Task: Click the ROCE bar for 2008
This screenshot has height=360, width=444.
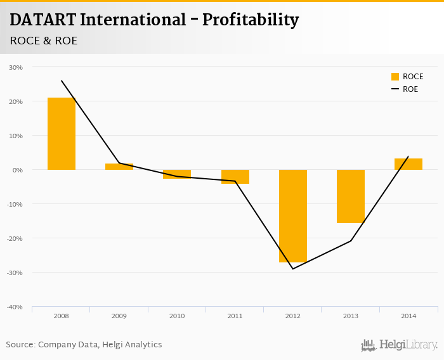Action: (x=62, y=134)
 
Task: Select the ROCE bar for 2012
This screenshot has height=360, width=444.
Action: (x=293, y=215)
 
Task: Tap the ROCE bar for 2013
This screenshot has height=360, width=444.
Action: (x=351, y=196)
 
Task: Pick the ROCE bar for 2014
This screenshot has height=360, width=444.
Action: (x=408, y=164)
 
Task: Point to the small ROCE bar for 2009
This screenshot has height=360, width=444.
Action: (x=119, y=167)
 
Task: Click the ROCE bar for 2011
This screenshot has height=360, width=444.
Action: (x=235, y=177)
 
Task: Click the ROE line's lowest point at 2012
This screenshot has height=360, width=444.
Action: (x=293, y=269)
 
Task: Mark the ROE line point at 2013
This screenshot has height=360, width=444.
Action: (x=351, y=241)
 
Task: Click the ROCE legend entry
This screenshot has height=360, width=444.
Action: (x=407, y=77)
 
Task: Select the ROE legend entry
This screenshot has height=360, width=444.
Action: (x=404, y=89)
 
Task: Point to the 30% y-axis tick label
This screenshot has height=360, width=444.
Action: (x=16, y=67)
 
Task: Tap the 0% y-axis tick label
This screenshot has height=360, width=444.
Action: (x=17, y=170)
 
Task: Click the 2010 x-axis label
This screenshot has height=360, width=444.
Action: (x=177, y=316)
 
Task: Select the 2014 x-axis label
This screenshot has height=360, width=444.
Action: (x=408, y=316)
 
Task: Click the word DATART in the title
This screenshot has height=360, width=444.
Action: (x=42, y=20)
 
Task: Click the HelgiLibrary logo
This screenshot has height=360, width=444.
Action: (x=400, y=345)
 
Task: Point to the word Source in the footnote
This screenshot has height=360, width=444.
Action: (x=20, y=345)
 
